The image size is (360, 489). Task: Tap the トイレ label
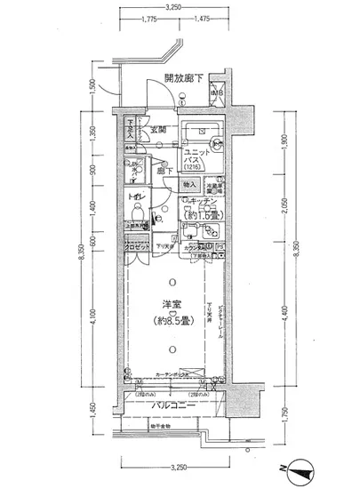point(137,197)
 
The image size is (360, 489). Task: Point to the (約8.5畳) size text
point(172,321)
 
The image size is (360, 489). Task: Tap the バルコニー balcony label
point(172,405)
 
